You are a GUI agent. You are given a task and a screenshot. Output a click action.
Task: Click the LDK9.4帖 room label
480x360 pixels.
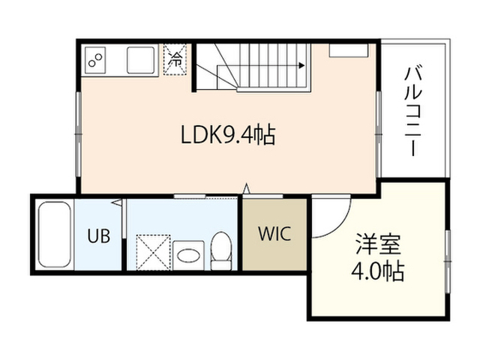[x=228, y=135]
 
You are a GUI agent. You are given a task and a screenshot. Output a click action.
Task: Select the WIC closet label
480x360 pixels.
[x=274, y=234]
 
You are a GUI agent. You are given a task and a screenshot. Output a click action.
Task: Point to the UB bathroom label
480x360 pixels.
[x=98, y=236]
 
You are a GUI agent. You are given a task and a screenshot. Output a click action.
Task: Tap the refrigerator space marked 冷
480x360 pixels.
[x=175, y=60]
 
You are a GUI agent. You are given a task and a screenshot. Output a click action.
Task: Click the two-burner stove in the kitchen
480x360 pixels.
[x=95, y=60]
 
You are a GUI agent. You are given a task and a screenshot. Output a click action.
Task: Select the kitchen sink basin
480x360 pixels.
[x=140, y=60]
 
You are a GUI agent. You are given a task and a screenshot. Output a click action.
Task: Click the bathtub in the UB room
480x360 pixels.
[x=55, y=235]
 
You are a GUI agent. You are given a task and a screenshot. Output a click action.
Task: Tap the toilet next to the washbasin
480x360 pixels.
[x=221, y=251]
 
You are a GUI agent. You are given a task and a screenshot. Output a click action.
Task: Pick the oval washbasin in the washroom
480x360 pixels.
[x=188, y=255]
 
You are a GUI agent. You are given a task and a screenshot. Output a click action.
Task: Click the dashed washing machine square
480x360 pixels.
[x=153, y=253]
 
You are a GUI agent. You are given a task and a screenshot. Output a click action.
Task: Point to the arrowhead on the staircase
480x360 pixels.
[x=301, y=65]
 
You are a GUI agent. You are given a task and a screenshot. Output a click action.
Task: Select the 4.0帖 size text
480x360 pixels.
[x=377, y=271]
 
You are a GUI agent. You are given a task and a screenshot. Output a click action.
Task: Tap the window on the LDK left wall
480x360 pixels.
[x=78, y=134]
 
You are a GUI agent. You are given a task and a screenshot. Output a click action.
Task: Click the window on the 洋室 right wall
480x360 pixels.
[x=448, y=262]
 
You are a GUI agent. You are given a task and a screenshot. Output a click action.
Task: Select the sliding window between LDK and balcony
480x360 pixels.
[x=379, y=134]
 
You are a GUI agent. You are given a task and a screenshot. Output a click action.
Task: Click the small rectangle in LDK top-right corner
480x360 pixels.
[x=348, y=50]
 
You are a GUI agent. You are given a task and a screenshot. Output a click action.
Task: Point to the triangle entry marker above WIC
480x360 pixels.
[x=247, y=188]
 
